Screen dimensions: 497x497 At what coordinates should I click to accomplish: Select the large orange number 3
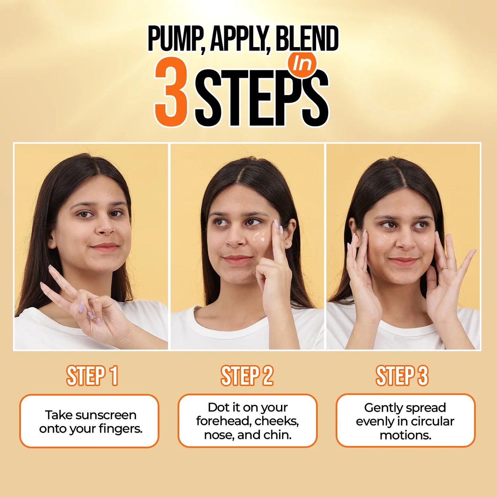pos(171,92)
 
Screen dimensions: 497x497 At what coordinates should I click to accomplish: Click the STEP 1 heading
pos(92,376)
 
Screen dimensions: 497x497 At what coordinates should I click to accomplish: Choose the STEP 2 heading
pos(247,376)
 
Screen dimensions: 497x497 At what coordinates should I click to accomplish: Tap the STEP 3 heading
pos(402,376)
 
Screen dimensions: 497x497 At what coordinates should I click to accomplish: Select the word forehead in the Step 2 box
pos(224,421)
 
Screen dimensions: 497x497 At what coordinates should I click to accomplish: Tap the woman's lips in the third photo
pos(404,261)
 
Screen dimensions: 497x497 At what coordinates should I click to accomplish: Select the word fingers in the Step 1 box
pos(120,429)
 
